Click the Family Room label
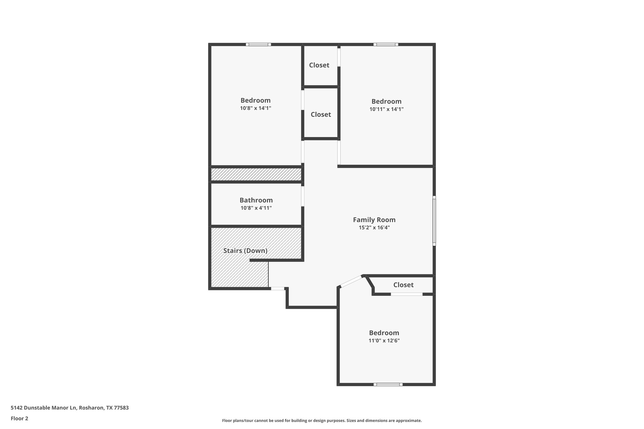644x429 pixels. (x=374, y=220)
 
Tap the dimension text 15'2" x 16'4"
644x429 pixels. (x=374, y=228)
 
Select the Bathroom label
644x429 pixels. (x=256, y=200)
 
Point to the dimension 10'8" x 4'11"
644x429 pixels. (x=256, y=208)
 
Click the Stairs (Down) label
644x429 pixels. (x=245, y=250)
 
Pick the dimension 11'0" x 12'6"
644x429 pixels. (x=384, y=340)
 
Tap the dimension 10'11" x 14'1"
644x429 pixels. (x=386, y=109)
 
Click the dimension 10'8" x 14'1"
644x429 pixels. (x=255, y=108)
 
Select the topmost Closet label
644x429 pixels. (x=319, y=65)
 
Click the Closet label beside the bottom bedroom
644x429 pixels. (x=403, y=285)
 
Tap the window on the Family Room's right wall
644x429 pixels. (x=434, y=221)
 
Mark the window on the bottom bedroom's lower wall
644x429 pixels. (x=388, y=384)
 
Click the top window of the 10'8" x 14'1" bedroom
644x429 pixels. (x=258, y=44)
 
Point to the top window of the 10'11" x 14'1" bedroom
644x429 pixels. (x=386, y=44)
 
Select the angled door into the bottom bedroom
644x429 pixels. (x=351, y=281)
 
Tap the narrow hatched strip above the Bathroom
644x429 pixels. (x=256, y=174)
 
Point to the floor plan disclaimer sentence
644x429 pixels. (x=322, y=421)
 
